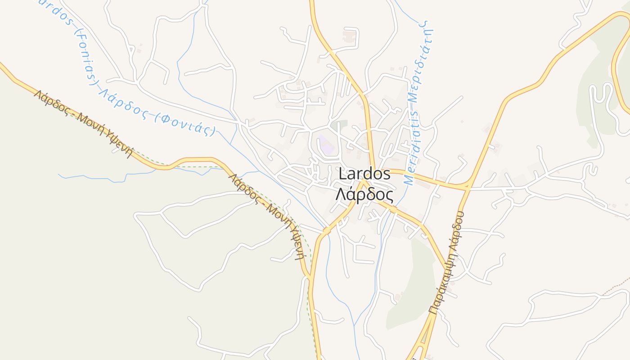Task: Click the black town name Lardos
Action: coord(364,174)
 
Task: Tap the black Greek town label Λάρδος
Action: coord(364,195)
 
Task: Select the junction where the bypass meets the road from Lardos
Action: coord(467,186)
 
